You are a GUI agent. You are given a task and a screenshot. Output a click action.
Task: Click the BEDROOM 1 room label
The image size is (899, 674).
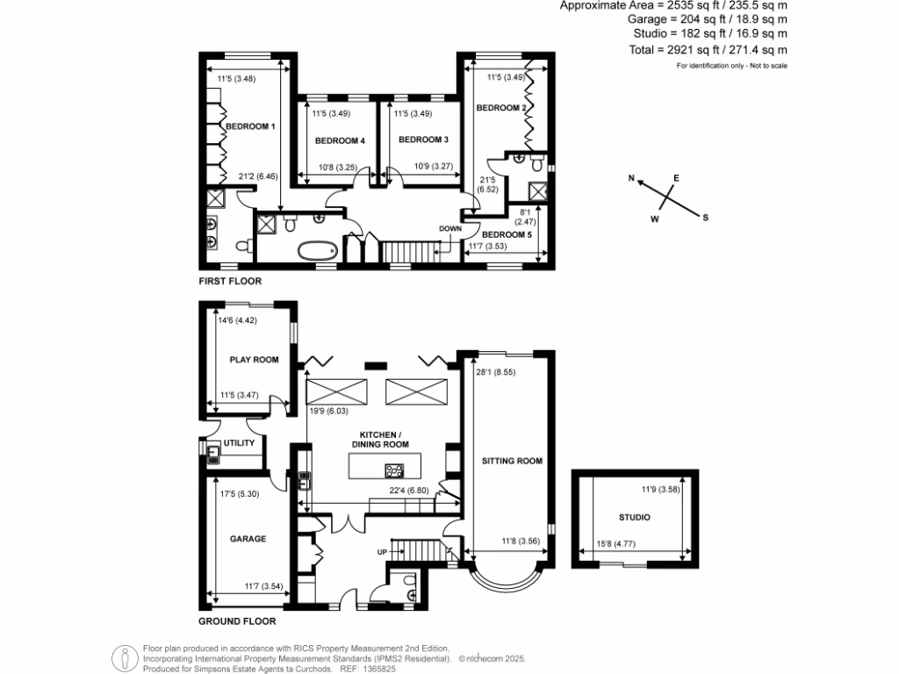(x=251, y=126)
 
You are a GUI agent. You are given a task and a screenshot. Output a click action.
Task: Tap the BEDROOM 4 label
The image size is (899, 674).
(x=339, y=140)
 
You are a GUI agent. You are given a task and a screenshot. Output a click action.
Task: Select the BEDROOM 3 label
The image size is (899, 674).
(x=423, y=140)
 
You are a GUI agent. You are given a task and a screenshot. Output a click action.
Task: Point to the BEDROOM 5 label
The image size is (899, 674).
(x=507, y=234)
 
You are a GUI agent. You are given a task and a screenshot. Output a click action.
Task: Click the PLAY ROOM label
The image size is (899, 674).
(x=254, y=359)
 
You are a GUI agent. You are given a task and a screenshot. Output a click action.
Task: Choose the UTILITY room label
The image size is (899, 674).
(x=240, y=443)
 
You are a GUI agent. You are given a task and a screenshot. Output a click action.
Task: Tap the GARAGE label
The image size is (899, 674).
(x=248, y=539)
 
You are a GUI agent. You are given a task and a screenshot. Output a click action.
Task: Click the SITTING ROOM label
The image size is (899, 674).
(x=512, y=461)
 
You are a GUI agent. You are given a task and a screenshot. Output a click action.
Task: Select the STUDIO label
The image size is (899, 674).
(x=634, y=518)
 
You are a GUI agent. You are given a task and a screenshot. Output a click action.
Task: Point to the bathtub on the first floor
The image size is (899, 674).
(x=318, y=252)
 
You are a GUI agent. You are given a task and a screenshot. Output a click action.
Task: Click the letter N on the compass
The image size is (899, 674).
(x=631, y=178)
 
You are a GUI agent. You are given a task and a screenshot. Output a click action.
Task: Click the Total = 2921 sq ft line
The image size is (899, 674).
(x=708, y=51)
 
